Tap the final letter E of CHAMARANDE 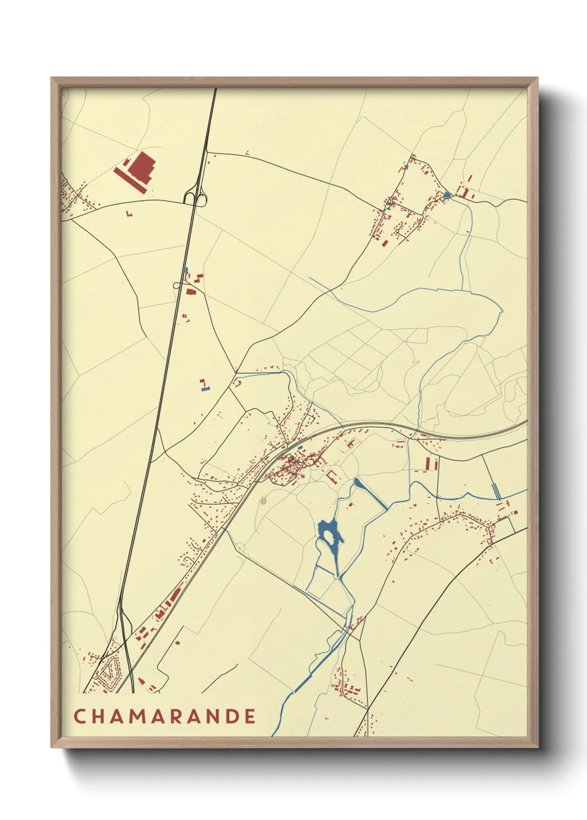(x=250, y=716)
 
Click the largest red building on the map (x=141, y=165)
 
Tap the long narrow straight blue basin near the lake (x=371, y=494)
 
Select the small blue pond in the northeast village (x=447, y=195)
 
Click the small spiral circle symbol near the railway (x=263, y=501)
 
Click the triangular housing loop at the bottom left (x=109, y=672)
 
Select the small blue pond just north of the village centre (x=300, y=447)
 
